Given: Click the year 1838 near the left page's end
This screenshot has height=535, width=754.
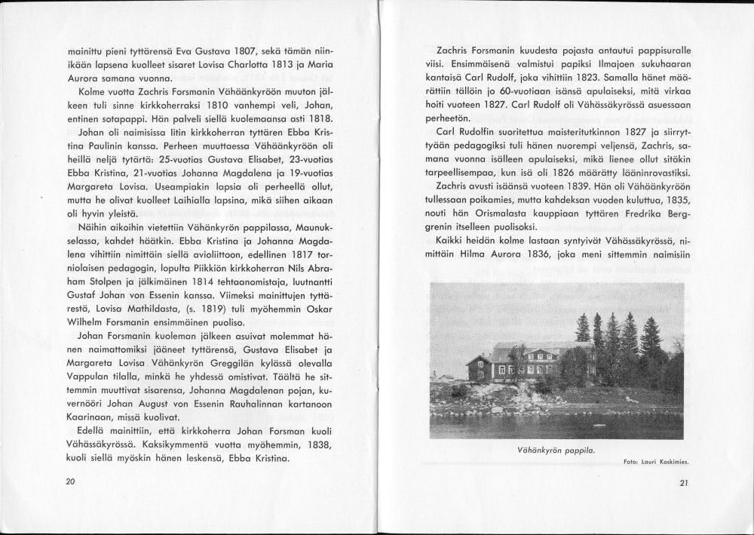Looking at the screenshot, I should point(319,444).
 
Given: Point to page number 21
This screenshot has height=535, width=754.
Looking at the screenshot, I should point(683,484).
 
